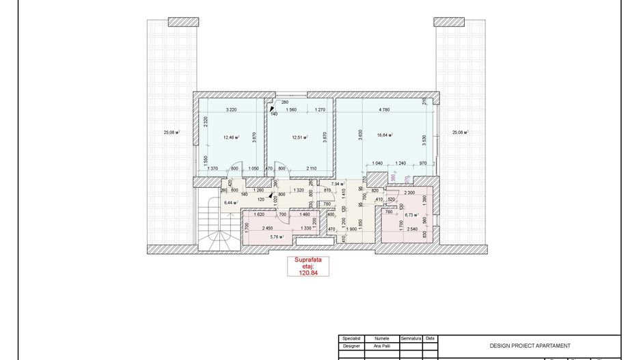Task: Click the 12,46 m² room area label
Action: pyautogui.click(x=230, y=137)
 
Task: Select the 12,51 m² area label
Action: pyautogui.click(x=299, y=137)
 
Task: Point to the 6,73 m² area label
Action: pyautogui.click(x=411, y=214)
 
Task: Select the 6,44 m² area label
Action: pyautogui.click(x=230, y=203)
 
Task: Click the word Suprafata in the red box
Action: pyautogui.click(x=308, y=260)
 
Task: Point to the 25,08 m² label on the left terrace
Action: pyautogui.click(x=172, y=133)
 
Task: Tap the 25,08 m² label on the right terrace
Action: pyautogui.click(x=459, y=133)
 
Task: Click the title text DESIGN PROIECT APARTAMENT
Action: pyautogui.click(x=530, y=346)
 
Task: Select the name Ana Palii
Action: pyautogui.click(x=377, y=346)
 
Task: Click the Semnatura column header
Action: pyautogui.click(x=411, y=338)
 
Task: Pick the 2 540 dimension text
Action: pyautogui.click(x=411, y=229)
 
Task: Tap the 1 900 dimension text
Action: pyautogui.click(x=351, y=229)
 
